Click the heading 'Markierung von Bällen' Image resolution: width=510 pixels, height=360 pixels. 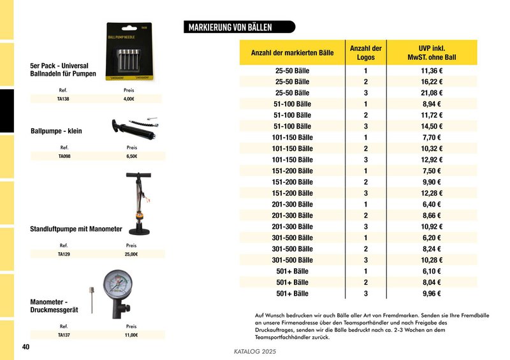231,27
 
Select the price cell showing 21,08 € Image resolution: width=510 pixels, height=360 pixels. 432,93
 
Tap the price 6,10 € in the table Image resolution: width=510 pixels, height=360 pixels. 432,271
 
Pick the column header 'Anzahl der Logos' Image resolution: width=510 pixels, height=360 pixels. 365,53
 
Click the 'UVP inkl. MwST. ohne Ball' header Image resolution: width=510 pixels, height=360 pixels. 432,53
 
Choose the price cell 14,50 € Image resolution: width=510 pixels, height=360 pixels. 432,126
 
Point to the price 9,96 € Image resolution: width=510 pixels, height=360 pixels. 432,294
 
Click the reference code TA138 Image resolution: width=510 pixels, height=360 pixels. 63,99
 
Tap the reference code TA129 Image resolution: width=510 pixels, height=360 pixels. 64,254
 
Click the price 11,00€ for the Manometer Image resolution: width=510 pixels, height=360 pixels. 131,335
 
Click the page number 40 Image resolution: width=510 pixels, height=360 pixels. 25,347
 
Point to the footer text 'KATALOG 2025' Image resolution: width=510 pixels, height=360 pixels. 255,352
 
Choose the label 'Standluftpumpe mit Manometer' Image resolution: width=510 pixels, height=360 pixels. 76,228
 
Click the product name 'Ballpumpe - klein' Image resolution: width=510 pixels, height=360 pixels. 56,131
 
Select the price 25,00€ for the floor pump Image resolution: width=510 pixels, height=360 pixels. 131,254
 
